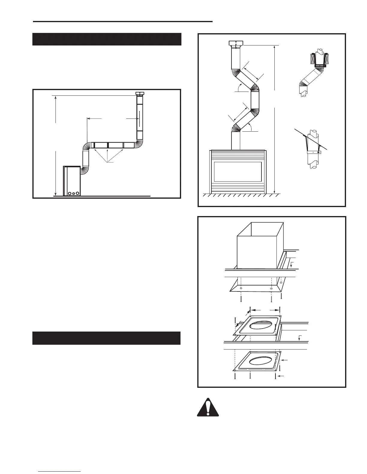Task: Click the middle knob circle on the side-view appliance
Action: [x=73, y=193]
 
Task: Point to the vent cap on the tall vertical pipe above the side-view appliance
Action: [x=140, y=94]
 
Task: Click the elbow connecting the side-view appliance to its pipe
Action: [x=85, y=171]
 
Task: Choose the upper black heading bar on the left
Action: [x=107, y=39]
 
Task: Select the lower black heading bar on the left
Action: [x=106, y=338]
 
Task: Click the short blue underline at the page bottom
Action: [x=59, y=472]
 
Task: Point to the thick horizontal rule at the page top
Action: [x=123, y=22]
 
